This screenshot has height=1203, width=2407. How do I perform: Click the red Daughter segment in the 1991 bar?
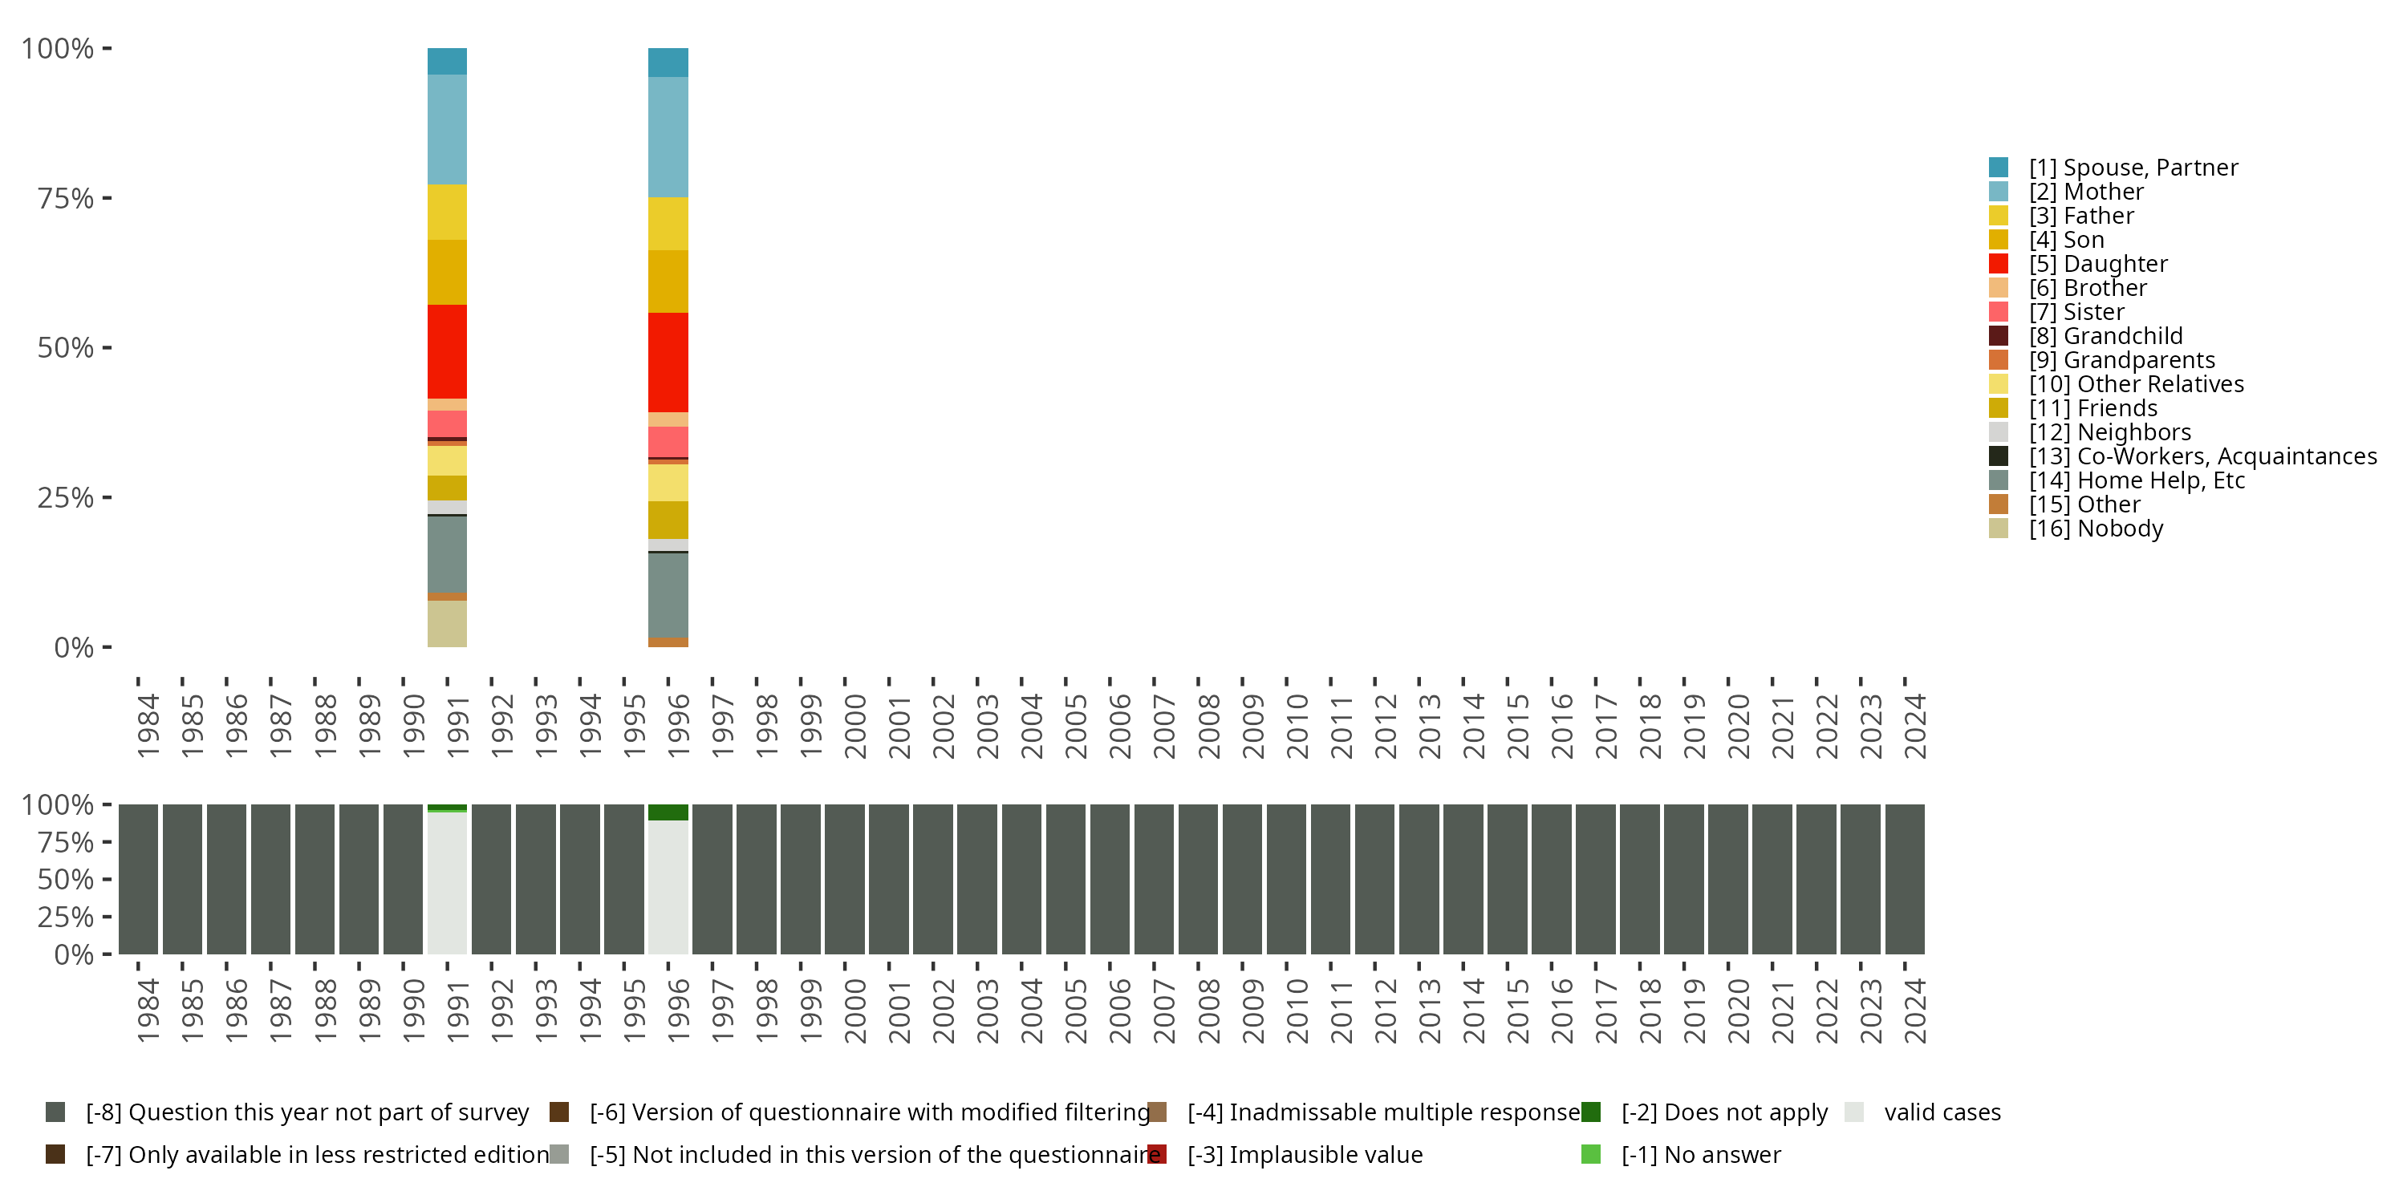447,351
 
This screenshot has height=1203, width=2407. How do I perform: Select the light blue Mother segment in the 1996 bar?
668,137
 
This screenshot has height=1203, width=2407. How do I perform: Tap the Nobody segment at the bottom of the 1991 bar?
447,623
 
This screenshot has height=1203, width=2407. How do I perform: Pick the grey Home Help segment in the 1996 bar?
668,595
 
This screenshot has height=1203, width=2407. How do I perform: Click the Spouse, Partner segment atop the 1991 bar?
447,61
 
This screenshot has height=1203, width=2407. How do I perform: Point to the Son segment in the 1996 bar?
668,282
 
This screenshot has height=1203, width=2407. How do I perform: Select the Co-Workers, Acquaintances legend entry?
2202,456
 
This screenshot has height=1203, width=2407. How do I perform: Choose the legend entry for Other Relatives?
2136,385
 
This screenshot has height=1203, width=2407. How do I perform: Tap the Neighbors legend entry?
2109,432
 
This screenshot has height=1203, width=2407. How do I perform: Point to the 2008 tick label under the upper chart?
1208,726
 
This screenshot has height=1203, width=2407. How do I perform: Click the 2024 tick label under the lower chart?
1914,1011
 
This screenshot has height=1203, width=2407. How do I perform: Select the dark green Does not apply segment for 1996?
668,812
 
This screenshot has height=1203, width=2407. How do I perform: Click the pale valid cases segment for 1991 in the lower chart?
447,883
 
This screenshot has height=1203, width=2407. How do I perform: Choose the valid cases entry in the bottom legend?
1942,1112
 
